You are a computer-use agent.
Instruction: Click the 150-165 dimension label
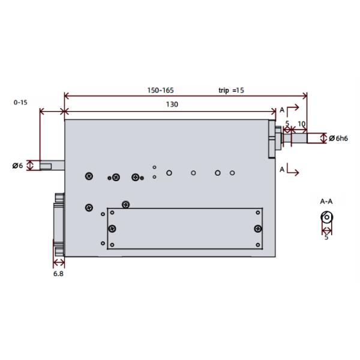click(161, 91)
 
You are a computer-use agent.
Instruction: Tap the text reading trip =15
click(231, 91)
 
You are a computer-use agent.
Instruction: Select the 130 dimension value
click(172, 104)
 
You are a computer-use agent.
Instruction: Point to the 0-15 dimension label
click(20, 103)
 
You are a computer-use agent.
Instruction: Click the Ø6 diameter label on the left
click(17, 166)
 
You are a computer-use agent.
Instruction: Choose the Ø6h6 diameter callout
click(339, 139)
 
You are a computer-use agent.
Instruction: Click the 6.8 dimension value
click(58, 274)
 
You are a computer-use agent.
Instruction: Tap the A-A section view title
click(326, 201)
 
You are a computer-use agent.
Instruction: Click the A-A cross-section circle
click(327, 217)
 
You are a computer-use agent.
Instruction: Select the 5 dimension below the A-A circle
click(326, 237)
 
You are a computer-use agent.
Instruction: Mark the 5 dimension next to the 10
click(287, 124)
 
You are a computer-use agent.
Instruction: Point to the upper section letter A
click(282, 110)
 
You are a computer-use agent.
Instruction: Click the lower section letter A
click(282, 170)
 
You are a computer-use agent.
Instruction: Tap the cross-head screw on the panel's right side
click(257, 228)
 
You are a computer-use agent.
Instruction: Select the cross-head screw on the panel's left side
click(112, 228)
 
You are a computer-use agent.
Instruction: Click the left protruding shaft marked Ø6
click(52, 164)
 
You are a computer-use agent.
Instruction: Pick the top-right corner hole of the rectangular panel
click(258, 212)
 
